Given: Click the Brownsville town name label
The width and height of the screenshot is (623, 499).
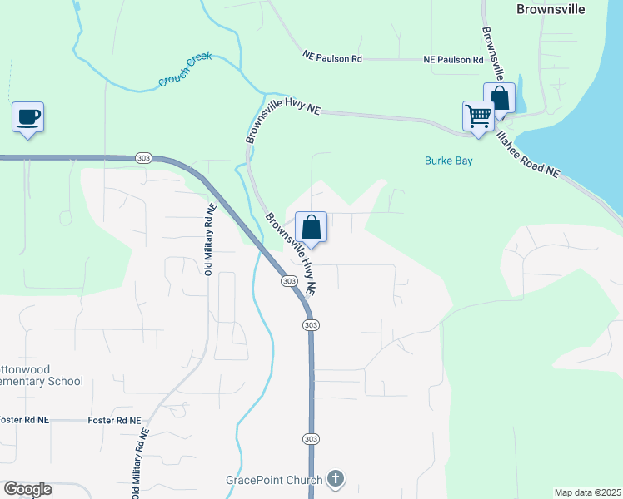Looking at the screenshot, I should point(550,9).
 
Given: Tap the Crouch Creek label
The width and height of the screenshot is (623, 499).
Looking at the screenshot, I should point(185,70).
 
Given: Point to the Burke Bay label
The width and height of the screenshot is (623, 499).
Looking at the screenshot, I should point(448,161).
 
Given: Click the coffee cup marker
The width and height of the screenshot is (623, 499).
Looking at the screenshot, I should point(28,117).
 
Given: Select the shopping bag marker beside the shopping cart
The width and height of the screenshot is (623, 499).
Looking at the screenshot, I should point(500,98).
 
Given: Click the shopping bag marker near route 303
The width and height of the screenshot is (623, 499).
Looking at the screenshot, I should point(311,227).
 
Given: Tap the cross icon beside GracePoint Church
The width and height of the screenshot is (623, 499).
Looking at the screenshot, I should point(336,478).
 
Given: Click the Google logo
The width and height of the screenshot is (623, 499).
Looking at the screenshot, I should point(27,489).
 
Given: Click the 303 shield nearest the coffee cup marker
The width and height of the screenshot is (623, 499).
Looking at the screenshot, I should point(142,158).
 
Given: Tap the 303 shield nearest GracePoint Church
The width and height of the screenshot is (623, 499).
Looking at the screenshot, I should point(311,438).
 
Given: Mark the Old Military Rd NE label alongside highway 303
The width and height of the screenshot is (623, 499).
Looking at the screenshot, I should point(209,240).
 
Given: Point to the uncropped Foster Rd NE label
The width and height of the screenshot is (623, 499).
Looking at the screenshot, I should point(114,421).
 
